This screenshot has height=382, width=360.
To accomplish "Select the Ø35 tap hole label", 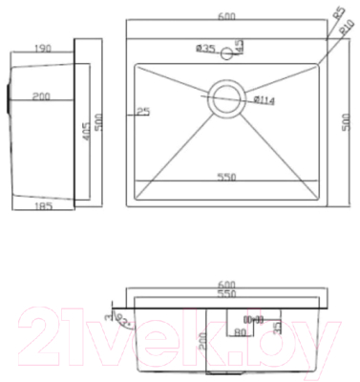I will (204, 47).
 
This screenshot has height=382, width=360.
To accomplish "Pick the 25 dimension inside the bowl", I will (143, 111).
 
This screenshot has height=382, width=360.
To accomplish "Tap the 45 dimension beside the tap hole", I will (239, 45).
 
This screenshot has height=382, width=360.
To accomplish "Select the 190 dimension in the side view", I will (41, 47).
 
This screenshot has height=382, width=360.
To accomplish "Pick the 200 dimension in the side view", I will (41, 96).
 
